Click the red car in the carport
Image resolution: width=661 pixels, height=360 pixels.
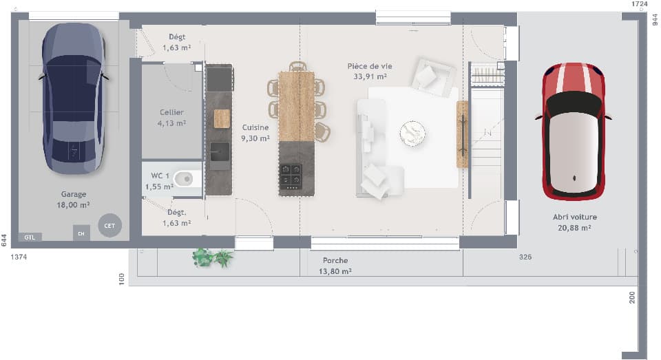[573, 131]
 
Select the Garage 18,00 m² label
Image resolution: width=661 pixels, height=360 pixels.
[74, 200]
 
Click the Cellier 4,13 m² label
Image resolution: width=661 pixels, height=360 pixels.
[171, 118]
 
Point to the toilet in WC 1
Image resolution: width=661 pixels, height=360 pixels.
[184, 179]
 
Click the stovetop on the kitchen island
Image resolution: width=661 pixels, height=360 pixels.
[291, 176]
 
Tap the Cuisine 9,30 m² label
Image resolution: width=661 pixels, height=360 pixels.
[255, 133]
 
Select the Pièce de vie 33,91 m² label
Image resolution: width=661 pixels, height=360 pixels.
[369, 71]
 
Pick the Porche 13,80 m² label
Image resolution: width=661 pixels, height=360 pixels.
[335, 266]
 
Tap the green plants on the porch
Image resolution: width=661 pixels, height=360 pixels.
[212, 257]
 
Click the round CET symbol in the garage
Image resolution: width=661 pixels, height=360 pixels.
[109, 225]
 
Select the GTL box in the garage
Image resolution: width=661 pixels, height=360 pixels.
[30, 237]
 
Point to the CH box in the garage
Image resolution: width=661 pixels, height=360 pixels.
[81, 233]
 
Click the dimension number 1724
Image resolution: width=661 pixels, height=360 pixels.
[640, 4]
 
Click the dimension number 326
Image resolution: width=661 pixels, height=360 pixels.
[525, 256]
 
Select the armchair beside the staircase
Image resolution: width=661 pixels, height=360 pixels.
[432, 75]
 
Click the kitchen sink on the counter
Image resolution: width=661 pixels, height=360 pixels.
[220, 156]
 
